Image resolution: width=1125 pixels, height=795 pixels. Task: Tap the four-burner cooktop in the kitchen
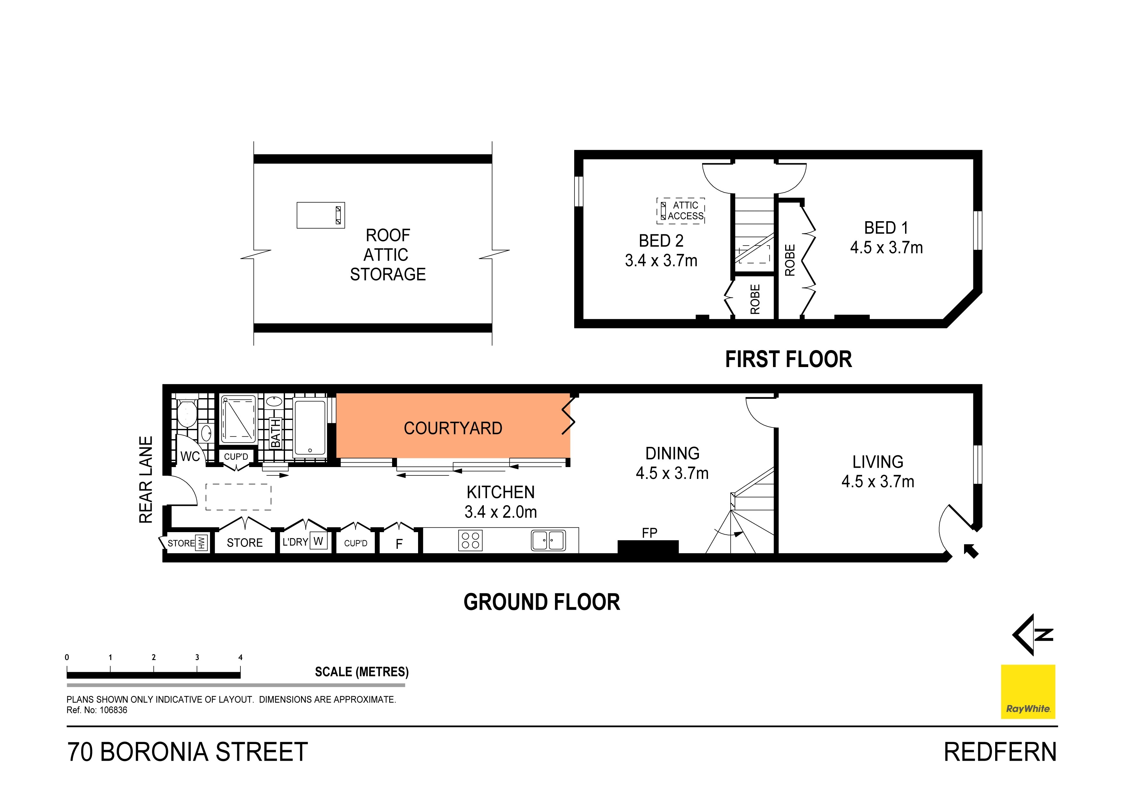click(x=470, y=541)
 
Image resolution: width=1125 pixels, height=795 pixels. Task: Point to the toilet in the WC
click(x=187, y=414)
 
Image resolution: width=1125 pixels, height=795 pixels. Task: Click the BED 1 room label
click(x=886, y=228)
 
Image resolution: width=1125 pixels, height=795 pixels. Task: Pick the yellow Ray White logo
click(x=1028, y=691)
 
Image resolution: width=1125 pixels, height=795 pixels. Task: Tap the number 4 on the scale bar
click(x=240, y=657)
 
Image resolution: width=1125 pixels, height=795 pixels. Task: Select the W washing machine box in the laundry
click(x=318, y=541)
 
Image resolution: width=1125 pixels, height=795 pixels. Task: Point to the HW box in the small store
click(x=201, y=543)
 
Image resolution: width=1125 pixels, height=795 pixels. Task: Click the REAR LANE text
click(x=146, y=480)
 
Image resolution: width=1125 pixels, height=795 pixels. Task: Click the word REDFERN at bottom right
click(x=1000, y=752)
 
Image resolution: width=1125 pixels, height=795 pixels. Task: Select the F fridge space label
click(x=399, y=544)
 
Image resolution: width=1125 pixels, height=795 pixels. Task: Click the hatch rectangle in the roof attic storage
click(x=321, y=215)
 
